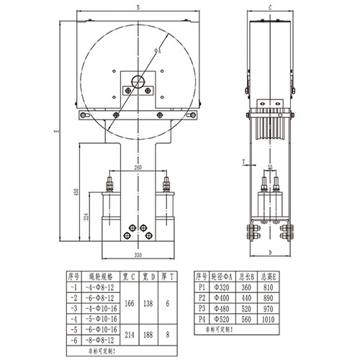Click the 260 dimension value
pos(138,167)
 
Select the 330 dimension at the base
pos(137,254)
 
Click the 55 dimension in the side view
pos(269,167)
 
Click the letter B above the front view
pos(138,9)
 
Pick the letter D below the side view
pos(269,253)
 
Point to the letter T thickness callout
pos(244,161)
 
